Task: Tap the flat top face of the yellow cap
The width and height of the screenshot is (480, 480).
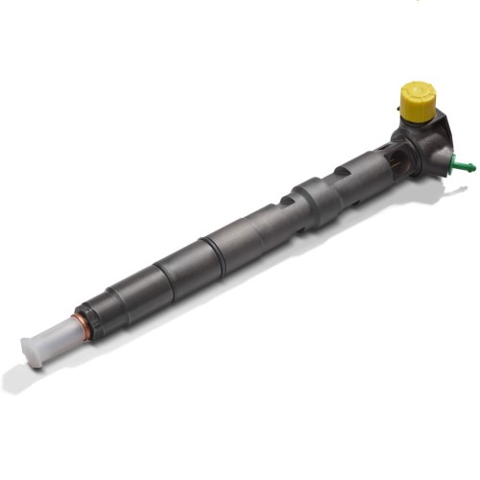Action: point(419,91)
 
